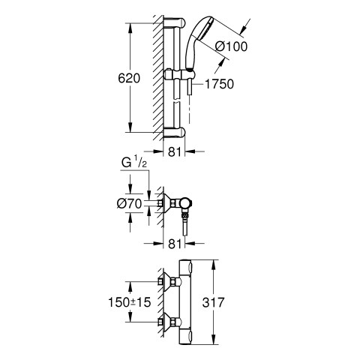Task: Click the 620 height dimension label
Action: pyautogui.click(x=129, y=78)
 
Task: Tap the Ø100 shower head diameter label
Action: pyautogui.click(x=232, y=46)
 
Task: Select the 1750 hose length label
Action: pyautogui.click(x=219, y=84)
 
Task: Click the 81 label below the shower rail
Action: pyautogui.click(x=174, y=151)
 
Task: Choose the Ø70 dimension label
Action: pyautogui.click(x=129, y=203)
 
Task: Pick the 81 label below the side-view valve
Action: pyautogui.click(x=174, y=243)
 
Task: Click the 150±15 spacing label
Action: pyautogui.click(x=129, y=302)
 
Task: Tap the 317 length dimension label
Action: pyautogui.click(x=213, y=302)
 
